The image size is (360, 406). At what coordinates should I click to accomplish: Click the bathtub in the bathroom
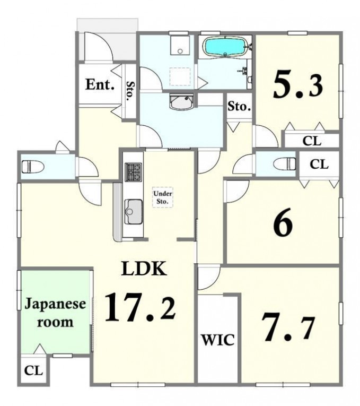pos(225,47)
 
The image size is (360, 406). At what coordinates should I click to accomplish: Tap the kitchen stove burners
pos(134,172)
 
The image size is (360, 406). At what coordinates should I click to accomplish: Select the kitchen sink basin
pos(134,212)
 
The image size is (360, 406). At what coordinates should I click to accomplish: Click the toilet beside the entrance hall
pos(33,167)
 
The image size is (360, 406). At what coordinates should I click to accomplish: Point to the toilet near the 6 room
pos(285,164)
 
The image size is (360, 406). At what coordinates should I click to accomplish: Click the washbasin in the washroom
pos(181,102)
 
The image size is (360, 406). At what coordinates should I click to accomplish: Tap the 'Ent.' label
pos(100,84)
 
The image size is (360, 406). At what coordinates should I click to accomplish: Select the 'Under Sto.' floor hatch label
pos(163,197)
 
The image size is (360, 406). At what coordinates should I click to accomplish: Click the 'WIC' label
pos(218,340)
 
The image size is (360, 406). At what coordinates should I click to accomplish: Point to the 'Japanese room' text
pos(55,313)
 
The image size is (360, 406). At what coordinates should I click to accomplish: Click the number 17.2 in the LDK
pos(140,308)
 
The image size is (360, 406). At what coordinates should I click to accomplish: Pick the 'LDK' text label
pos(144,269)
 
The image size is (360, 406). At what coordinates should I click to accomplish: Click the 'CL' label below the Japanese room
pos(33,371)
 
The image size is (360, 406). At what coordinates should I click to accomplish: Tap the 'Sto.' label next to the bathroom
pos(239,107)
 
